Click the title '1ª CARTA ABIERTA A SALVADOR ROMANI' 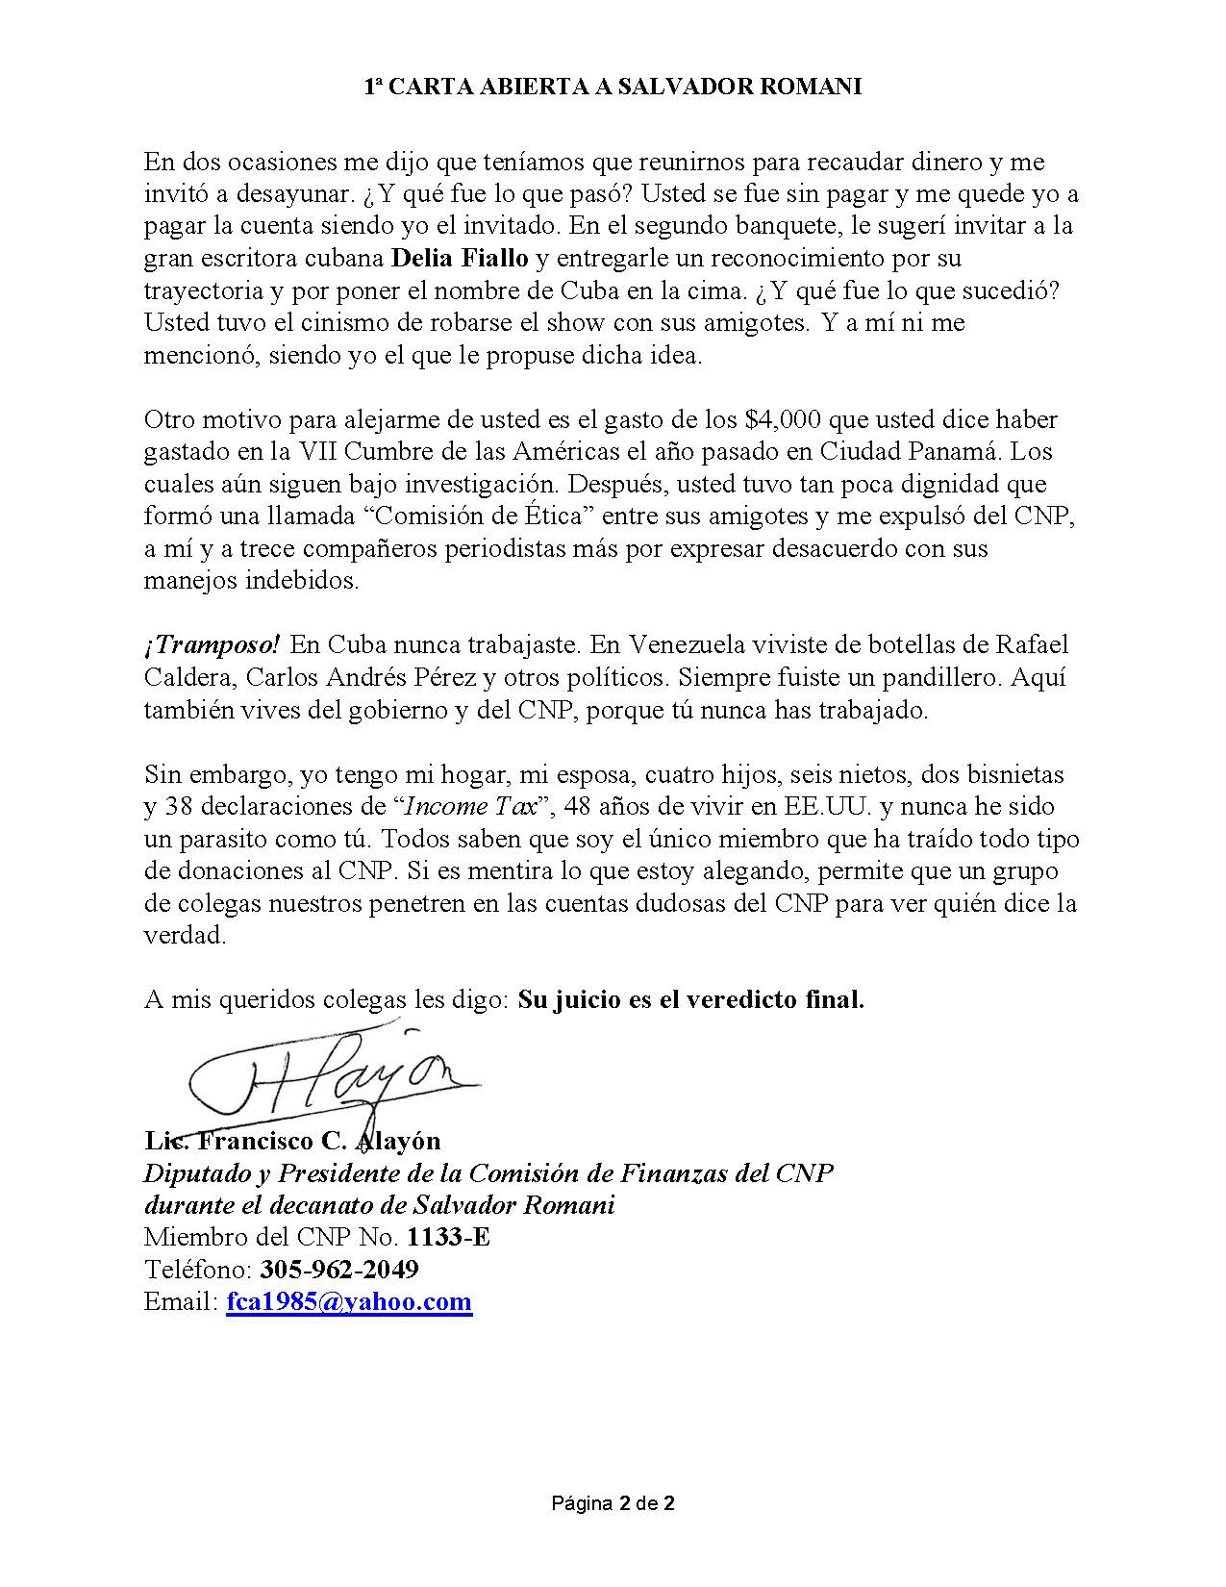coord(613,87)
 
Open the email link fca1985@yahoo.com coord(349,1302)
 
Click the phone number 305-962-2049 coord(338,1270)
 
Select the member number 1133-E coord(448,1237)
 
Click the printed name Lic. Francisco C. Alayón coord(292,1141)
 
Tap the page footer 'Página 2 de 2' coord(613,1502)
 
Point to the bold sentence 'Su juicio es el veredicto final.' coord(690,999)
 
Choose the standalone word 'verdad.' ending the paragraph coord(185,935)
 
